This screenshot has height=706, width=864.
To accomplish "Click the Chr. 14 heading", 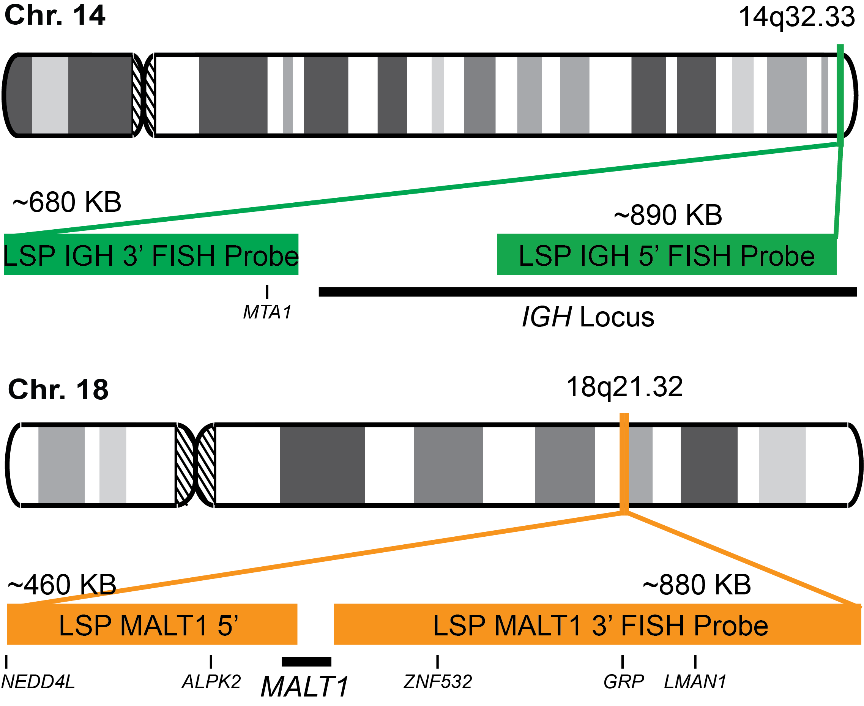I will (55, 16).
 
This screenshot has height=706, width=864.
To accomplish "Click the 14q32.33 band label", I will (796, 17).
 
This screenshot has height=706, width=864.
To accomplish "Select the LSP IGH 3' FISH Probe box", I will (151, 255).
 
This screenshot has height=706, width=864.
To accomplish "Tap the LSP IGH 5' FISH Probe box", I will (666, 255).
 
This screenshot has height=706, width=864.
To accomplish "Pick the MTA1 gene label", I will (267, 312).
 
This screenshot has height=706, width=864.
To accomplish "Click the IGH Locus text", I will (588, 317).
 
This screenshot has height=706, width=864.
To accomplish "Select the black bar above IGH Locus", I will (587, 292).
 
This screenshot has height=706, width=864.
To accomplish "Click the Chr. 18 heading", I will (58, 389).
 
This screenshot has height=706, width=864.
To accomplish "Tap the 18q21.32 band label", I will (624, 387).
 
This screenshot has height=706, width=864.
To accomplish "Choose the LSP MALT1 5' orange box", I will (152, 625).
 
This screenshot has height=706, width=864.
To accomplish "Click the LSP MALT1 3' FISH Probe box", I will (597, 625).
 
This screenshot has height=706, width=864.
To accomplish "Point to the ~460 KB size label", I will (62, 585).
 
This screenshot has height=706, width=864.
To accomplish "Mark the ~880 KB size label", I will (697, 585).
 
